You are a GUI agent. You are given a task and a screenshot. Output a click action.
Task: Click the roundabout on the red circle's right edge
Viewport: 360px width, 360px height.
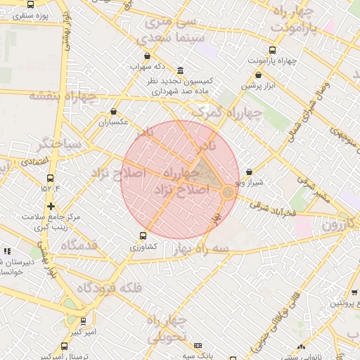click(x=229, y=191)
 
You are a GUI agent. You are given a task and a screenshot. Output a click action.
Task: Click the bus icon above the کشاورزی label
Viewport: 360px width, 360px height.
click(x=143, y=236)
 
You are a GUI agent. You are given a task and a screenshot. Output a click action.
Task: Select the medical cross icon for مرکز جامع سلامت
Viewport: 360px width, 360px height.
click(x=51, y=206)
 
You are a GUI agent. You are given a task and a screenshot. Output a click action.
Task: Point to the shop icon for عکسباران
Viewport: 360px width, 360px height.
click(x=114, y=111)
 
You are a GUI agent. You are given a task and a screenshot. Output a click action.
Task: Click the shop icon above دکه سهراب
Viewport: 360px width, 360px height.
click(x=146, y=56)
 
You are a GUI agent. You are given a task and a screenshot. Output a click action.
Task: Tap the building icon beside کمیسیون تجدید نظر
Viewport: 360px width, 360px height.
click(x=181, y=71)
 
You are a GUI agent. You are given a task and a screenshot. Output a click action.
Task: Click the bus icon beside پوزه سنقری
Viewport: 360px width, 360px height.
click(x=8, y=15)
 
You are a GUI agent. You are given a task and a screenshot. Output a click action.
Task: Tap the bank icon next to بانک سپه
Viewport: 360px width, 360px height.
click(x=198, y=346)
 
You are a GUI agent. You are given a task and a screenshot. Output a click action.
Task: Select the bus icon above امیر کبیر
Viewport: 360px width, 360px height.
click(x=84, y=321)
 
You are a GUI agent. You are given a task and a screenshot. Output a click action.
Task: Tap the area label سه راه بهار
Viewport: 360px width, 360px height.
click(x=203, y=251)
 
